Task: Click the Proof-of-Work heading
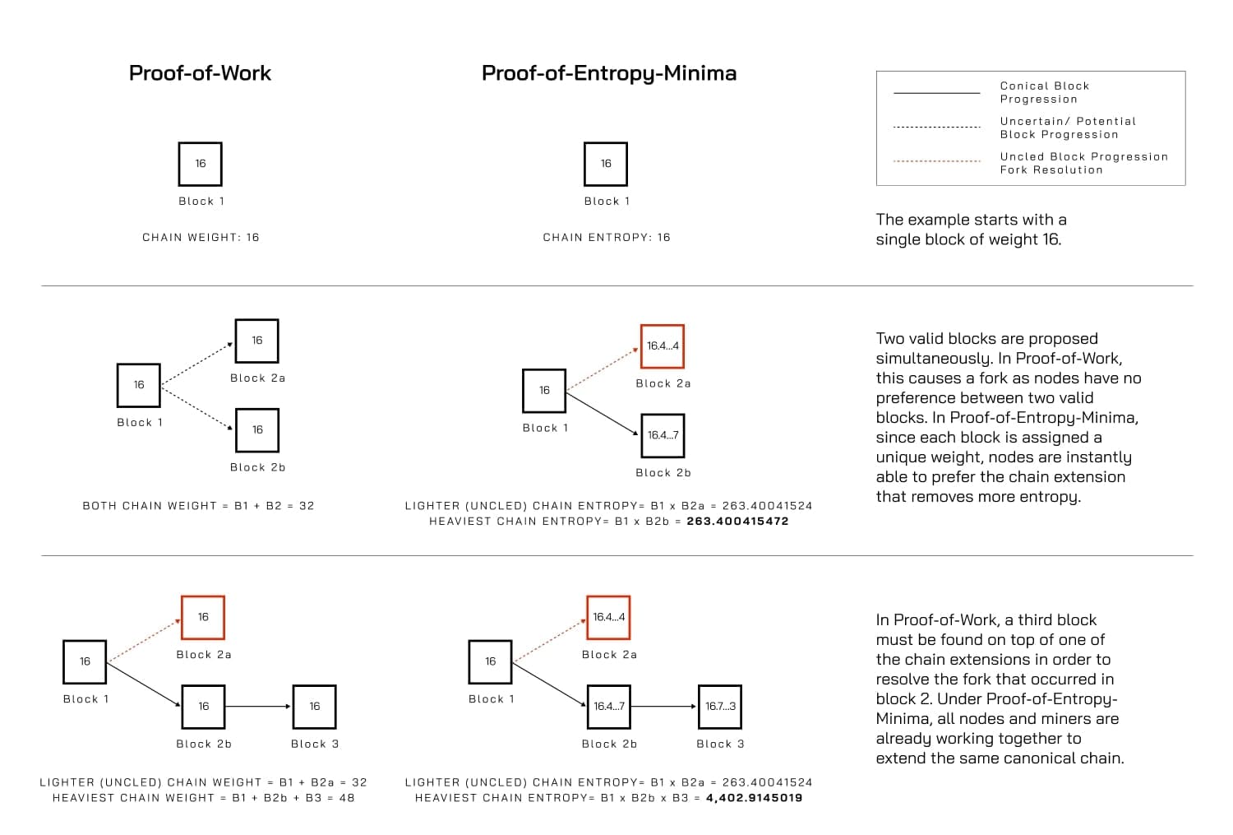click(x=200, y=73)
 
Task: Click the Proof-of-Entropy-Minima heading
click(x=608, y=73)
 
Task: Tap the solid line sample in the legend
click(x=936, y=93)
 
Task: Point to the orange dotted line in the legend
click(x=936, y=161)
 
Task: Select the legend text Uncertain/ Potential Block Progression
click(x=1067, y=128)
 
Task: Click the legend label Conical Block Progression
click(x=1044, y=92)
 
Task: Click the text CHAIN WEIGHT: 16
click(x=201, y=237)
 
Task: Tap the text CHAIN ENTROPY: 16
click(x=607, y=237)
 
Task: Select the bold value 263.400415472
click(x=737, y=521)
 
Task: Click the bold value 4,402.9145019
click(x=754, y=797)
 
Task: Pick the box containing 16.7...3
click(x=720, y=707)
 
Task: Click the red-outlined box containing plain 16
click(x=203, y=617)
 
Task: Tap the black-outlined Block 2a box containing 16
click(x=256, y=341)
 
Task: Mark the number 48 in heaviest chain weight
click(x=347, y=797)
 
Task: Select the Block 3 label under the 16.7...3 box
click(x=720, y=744)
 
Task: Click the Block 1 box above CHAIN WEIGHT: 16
click(x=201, y=164)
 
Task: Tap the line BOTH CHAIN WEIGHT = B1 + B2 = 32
click(x=198, y=506)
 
